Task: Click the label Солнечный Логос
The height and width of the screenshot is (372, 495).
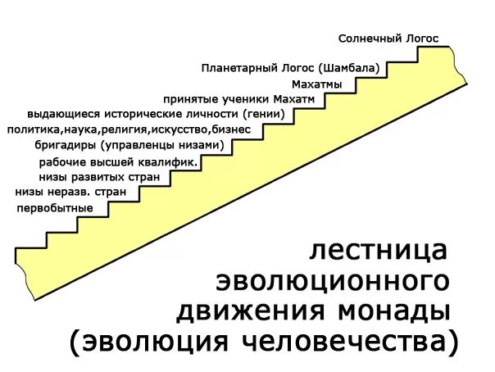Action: [x=389, y=39]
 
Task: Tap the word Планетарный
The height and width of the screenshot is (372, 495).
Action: [x=238, y=68]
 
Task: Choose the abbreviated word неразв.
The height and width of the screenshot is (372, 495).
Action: [x=70, y=192]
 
